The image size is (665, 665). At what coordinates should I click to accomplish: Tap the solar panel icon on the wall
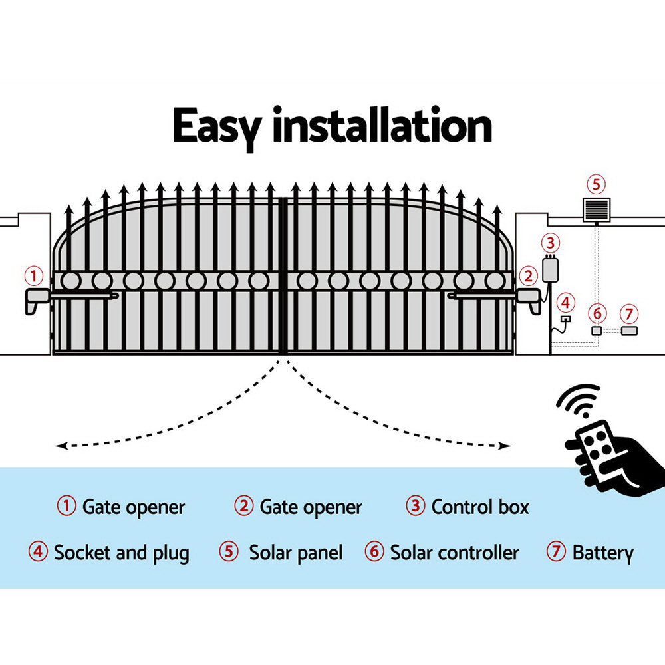tap(595, 211)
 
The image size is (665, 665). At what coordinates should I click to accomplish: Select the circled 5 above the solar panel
tap(595, 184)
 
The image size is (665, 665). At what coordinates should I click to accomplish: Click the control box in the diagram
tap(551, 269)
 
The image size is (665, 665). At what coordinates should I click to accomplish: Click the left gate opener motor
tap(39, 301)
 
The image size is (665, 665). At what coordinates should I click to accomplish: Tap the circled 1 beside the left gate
tap(34, 275)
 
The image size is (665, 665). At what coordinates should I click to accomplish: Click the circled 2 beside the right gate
tap(528, 275)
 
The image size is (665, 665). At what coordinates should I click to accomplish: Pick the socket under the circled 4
tap(565, 319)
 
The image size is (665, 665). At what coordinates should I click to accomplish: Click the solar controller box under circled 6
tap(597, 330)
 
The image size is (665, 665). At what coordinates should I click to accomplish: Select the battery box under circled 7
tap(628, 330)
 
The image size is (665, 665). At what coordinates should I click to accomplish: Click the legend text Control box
tap(480, 507)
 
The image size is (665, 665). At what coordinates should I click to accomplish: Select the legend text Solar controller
tap(454, 553)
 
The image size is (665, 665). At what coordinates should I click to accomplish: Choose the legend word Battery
tap(602, 553)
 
